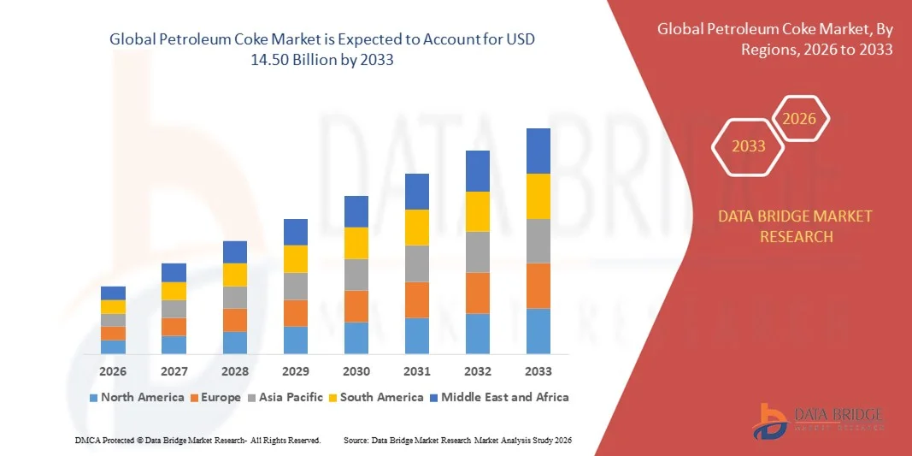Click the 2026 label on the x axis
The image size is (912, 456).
click(113, 371)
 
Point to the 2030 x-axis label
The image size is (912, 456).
click(356, 371)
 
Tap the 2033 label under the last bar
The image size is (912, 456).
click(538, 371)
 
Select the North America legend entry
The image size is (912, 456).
click(137, 397)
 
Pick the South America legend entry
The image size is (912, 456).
click(376, 397)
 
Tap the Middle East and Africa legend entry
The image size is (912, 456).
click(499, 397)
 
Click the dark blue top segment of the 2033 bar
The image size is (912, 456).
click(538, 151)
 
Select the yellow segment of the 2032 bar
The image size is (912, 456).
click(478, 211)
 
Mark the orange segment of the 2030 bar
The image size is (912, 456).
click(356, 306)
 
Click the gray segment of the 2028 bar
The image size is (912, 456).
click(235, 297)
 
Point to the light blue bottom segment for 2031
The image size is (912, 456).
click(417, 335)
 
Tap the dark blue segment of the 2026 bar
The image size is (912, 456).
click(113, 293)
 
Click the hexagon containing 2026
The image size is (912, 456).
click(801, 119)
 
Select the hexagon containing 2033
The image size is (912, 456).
click(749, 146)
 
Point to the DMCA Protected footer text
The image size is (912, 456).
click(197, 440)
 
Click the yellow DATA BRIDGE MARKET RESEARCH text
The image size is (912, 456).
click(796, 226)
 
